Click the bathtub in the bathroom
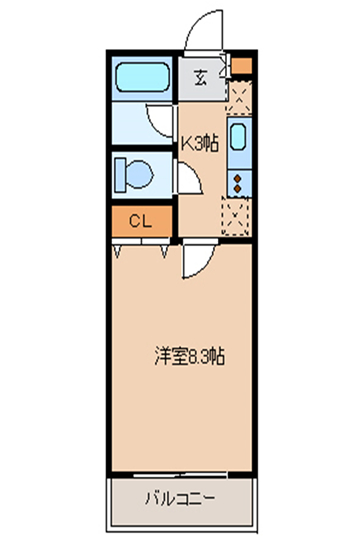(142, 77)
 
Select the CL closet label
(141, 221)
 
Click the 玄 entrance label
(200, 78)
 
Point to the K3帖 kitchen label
(200, 143)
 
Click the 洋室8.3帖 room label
(189, 356)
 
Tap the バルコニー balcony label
(180, 498)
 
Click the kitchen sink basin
(238, 137)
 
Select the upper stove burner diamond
(237, 178)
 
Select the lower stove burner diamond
(237, 188)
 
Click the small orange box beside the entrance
(241, 66)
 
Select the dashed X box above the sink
(240, 97)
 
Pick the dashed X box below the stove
(236, 217)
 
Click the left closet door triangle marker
(117, 251)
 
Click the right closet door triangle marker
(165, 251)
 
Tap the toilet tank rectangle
(120, 175)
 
